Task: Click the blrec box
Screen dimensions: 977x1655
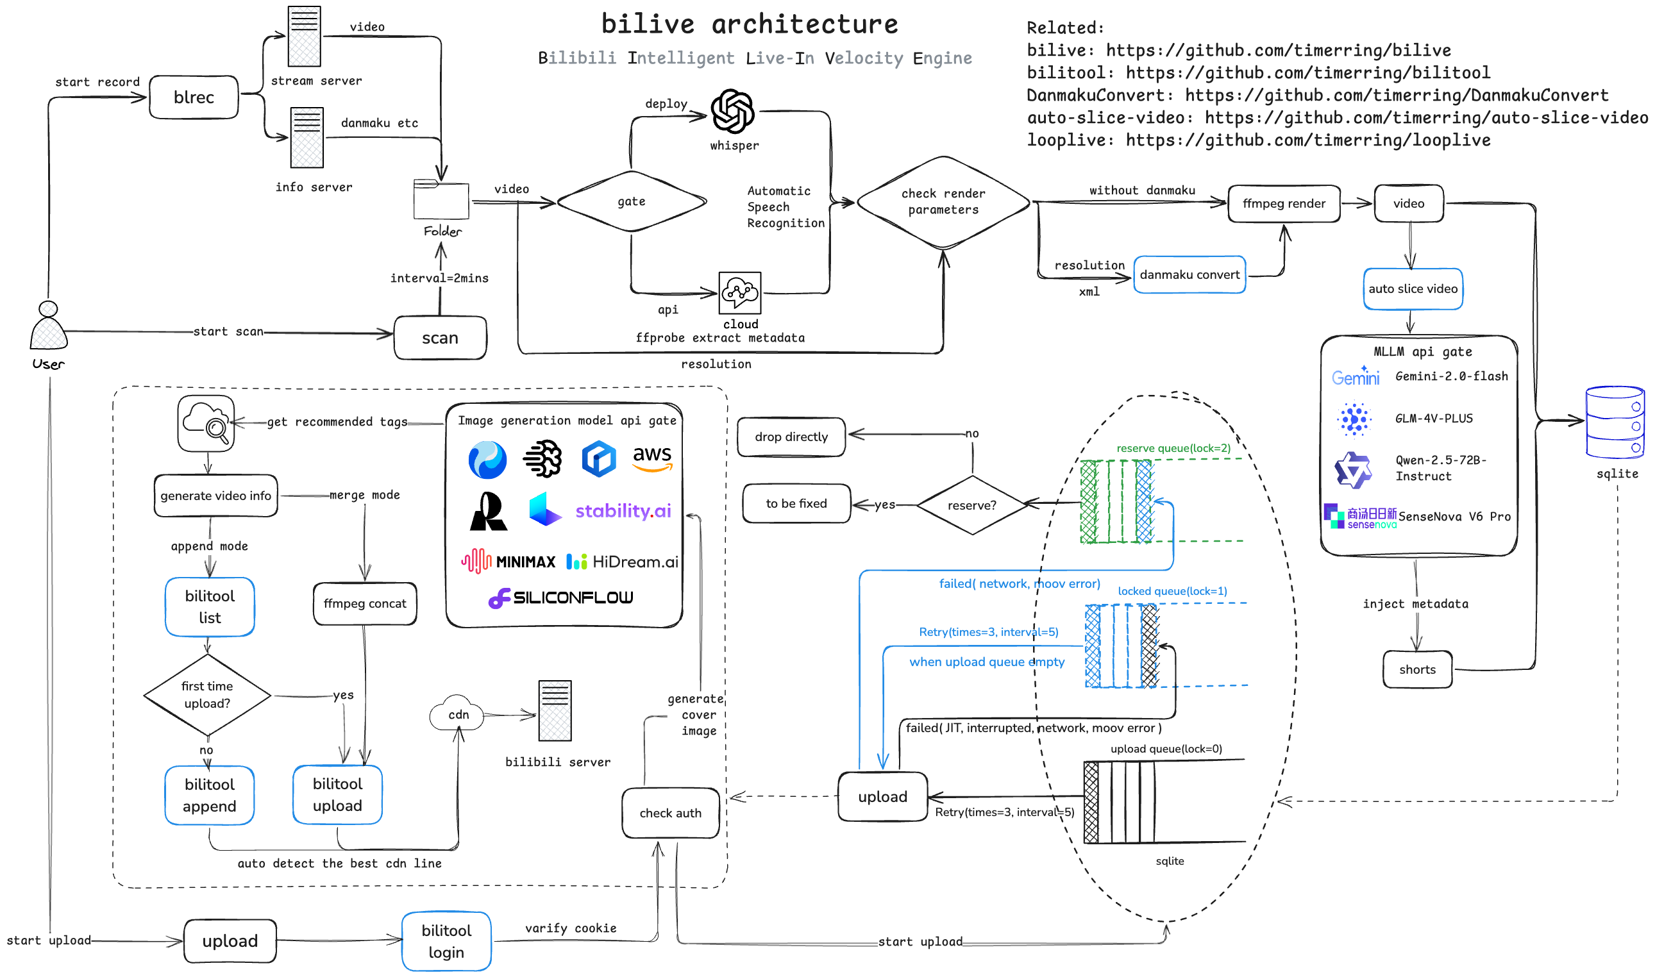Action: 194,97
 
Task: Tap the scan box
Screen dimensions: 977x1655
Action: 440,338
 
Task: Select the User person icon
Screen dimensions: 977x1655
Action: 48,326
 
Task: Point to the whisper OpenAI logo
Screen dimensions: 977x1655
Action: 732,112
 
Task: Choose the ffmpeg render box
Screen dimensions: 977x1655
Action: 1283,204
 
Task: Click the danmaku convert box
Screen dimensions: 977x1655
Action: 1189,275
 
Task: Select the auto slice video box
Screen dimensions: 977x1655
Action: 1412,289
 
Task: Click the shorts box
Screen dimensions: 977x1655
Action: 1416,669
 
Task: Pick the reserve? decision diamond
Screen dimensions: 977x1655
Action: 971,505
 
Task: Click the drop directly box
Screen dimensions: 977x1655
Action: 791,437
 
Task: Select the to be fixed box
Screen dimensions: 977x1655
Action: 796,504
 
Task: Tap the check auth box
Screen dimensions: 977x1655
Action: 670,813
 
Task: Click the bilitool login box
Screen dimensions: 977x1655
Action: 446,942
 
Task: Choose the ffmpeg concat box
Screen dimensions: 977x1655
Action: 365,604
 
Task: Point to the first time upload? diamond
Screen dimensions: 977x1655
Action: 206,694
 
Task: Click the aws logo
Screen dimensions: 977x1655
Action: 651,458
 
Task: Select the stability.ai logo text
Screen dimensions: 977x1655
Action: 623,511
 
